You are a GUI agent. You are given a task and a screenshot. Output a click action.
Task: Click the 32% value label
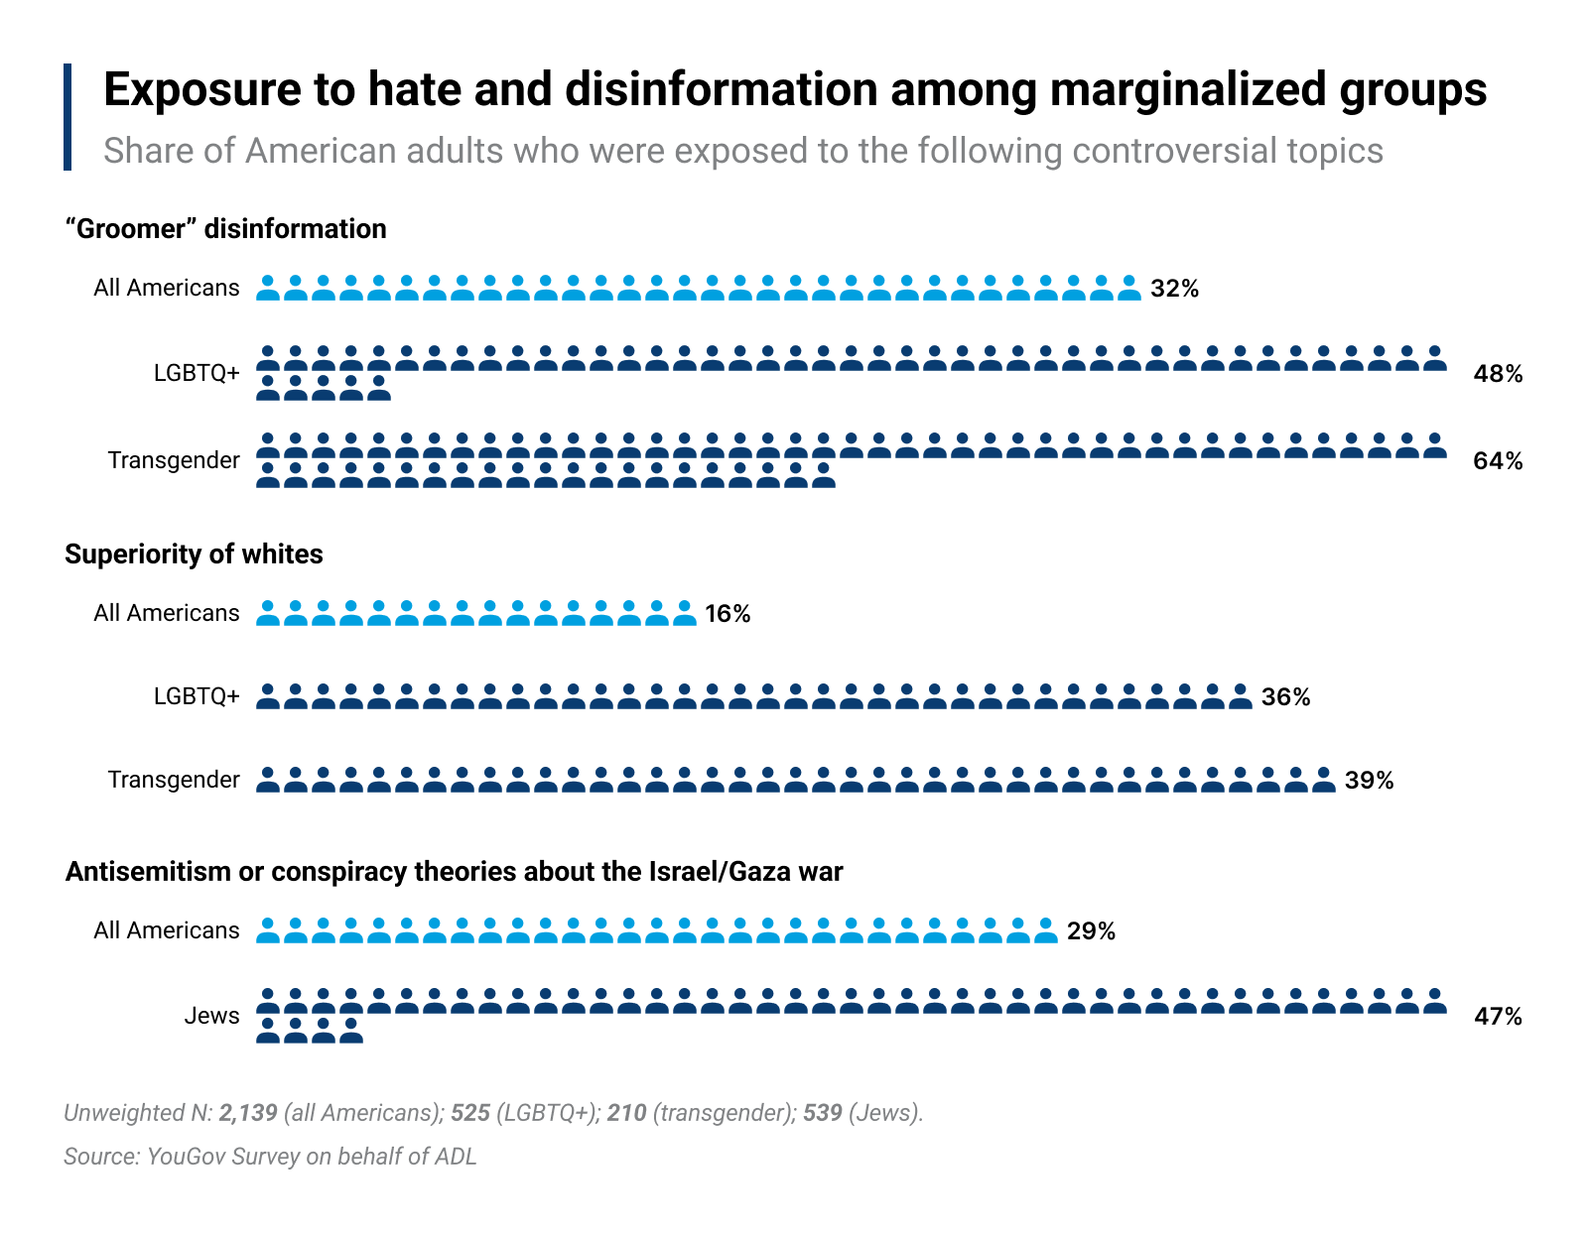coord(1174,289)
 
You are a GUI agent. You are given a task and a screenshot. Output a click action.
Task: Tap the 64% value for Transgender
coord(1498,461)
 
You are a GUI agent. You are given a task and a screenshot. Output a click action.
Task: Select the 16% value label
coord(728,614)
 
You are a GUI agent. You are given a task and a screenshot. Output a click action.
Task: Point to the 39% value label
coord(1369,781)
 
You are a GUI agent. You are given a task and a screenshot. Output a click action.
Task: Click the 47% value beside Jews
coord(1498,1017)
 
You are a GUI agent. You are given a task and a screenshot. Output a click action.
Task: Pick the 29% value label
coord(1091,931)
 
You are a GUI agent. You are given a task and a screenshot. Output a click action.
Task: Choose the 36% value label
coord(1285,697)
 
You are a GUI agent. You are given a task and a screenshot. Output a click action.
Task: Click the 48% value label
coord(1498,374)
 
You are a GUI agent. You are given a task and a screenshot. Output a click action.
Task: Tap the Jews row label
coord(211,1016)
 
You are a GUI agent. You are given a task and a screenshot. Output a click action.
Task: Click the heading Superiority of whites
coord(194,554)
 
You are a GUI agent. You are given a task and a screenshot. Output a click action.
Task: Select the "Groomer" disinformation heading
coord(225,229)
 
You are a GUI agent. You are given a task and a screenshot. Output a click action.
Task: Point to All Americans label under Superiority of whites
coord(166,613)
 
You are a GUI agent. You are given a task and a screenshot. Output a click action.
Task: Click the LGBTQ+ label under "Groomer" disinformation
coord(197,373)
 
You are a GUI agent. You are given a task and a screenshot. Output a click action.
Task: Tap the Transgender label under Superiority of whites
coord(174,780)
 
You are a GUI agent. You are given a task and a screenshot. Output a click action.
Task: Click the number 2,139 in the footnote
coord(248,1113)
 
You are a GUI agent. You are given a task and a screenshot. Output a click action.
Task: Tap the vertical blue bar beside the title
coord(67,117)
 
